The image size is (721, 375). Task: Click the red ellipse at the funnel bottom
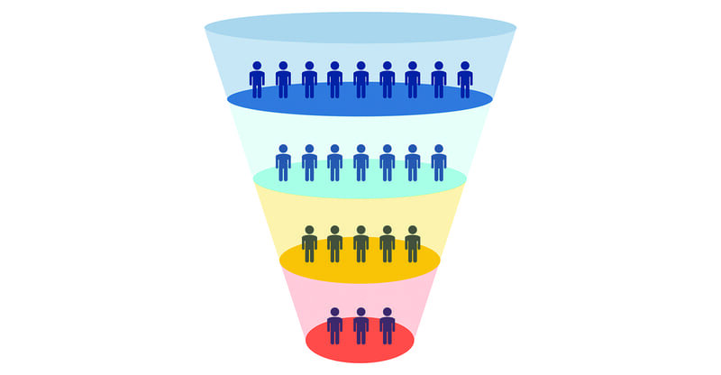point(360,347)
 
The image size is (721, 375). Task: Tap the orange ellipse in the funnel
point(360,266)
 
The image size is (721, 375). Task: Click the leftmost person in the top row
point(257,81)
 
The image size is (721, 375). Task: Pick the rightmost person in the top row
point(465,81)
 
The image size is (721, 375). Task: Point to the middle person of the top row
point(360,81)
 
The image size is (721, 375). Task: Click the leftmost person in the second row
point(283,164)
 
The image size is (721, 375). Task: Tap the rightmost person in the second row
point(439,164)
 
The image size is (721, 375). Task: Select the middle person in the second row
point(360,164)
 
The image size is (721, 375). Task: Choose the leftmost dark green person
point(309,245)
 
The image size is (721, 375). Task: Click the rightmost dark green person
point(413,245)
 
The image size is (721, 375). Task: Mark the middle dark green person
point(360,245)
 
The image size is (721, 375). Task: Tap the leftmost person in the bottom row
point(334,327)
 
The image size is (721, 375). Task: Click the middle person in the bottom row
point(360,327)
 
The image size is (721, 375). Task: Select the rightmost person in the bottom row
point(387,327)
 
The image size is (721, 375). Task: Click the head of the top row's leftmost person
point(257,66)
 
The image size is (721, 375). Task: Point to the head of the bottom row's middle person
point(360,312)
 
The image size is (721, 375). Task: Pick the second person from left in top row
point(283,81)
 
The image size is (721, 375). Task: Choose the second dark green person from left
point(334,245)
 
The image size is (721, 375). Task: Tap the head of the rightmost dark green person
point(413,230)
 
